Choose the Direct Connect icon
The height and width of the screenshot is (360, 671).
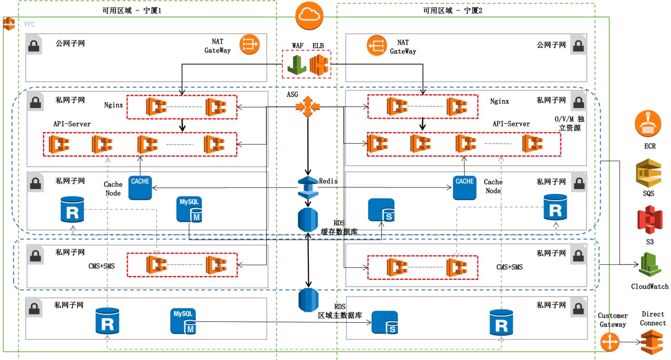coord(652,343)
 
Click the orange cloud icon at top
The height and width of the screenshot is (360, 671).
coord(307,17)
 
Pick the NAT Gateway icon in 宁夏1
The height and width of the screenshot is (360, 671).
coord(250,45)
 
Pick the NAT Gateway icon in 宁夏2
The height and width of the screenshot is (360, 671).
coord(377,46)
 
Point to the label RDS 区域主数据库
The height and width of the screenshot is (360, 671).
coord(340,311)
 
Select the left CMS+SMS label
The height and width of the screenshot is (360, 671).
coord(101,266)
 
